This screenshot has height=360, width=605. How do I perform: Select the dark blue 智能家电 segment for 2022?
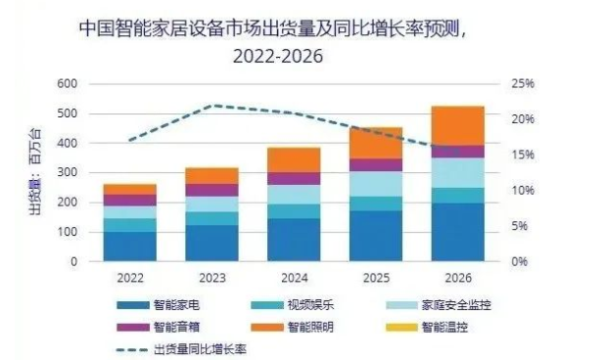click(130, 247)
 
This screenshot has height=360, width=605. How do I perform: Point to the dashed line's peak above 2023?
click(213, 105)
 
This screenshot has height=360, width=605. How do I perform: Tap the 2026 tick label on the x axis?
click(458, 277)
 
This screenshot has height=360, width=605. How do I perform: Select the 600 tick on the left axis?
click(66, 84)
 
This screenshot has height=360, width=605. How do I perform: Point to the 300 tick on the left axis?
click(66, 173)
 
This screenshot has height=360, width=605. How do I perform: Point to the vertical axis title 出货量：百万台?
click(35, 172)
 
